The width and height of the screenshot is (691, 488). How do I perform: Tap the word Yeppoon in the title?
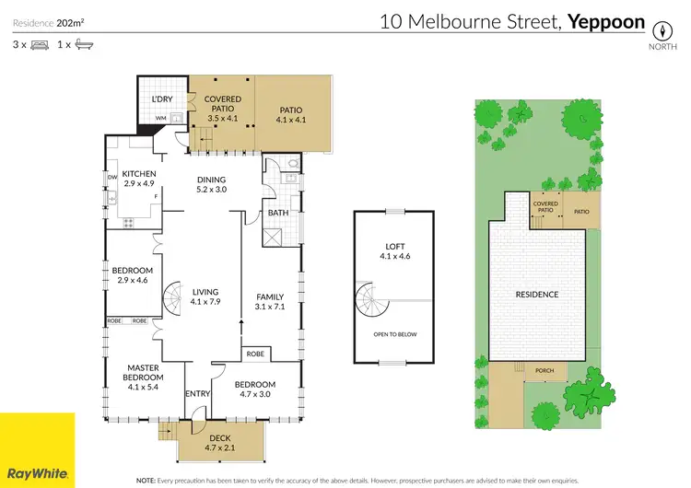pos(606,22)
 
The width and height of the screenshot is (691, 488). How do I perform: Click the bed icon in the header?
pos(39,44)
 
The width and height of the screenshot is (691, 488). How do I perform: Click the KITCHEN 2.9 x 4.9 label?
pos(139,179)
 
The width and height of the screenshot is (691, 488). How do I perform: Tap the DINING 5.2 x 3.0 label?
pos(211,184)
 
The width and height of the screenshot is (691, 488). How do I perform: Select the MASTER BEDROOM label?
pos(144,378)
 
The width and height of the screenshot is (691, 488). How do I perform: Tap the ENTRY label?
pos(198,394)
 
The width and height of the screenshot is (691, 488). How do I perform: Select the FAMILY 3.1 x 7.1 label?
pos(270,302)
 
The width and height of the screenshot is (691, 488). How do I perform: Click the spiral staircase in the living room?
pos(175,298)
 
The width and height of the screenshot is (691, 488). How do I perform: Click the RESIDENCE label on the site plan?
pos(536,295)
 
